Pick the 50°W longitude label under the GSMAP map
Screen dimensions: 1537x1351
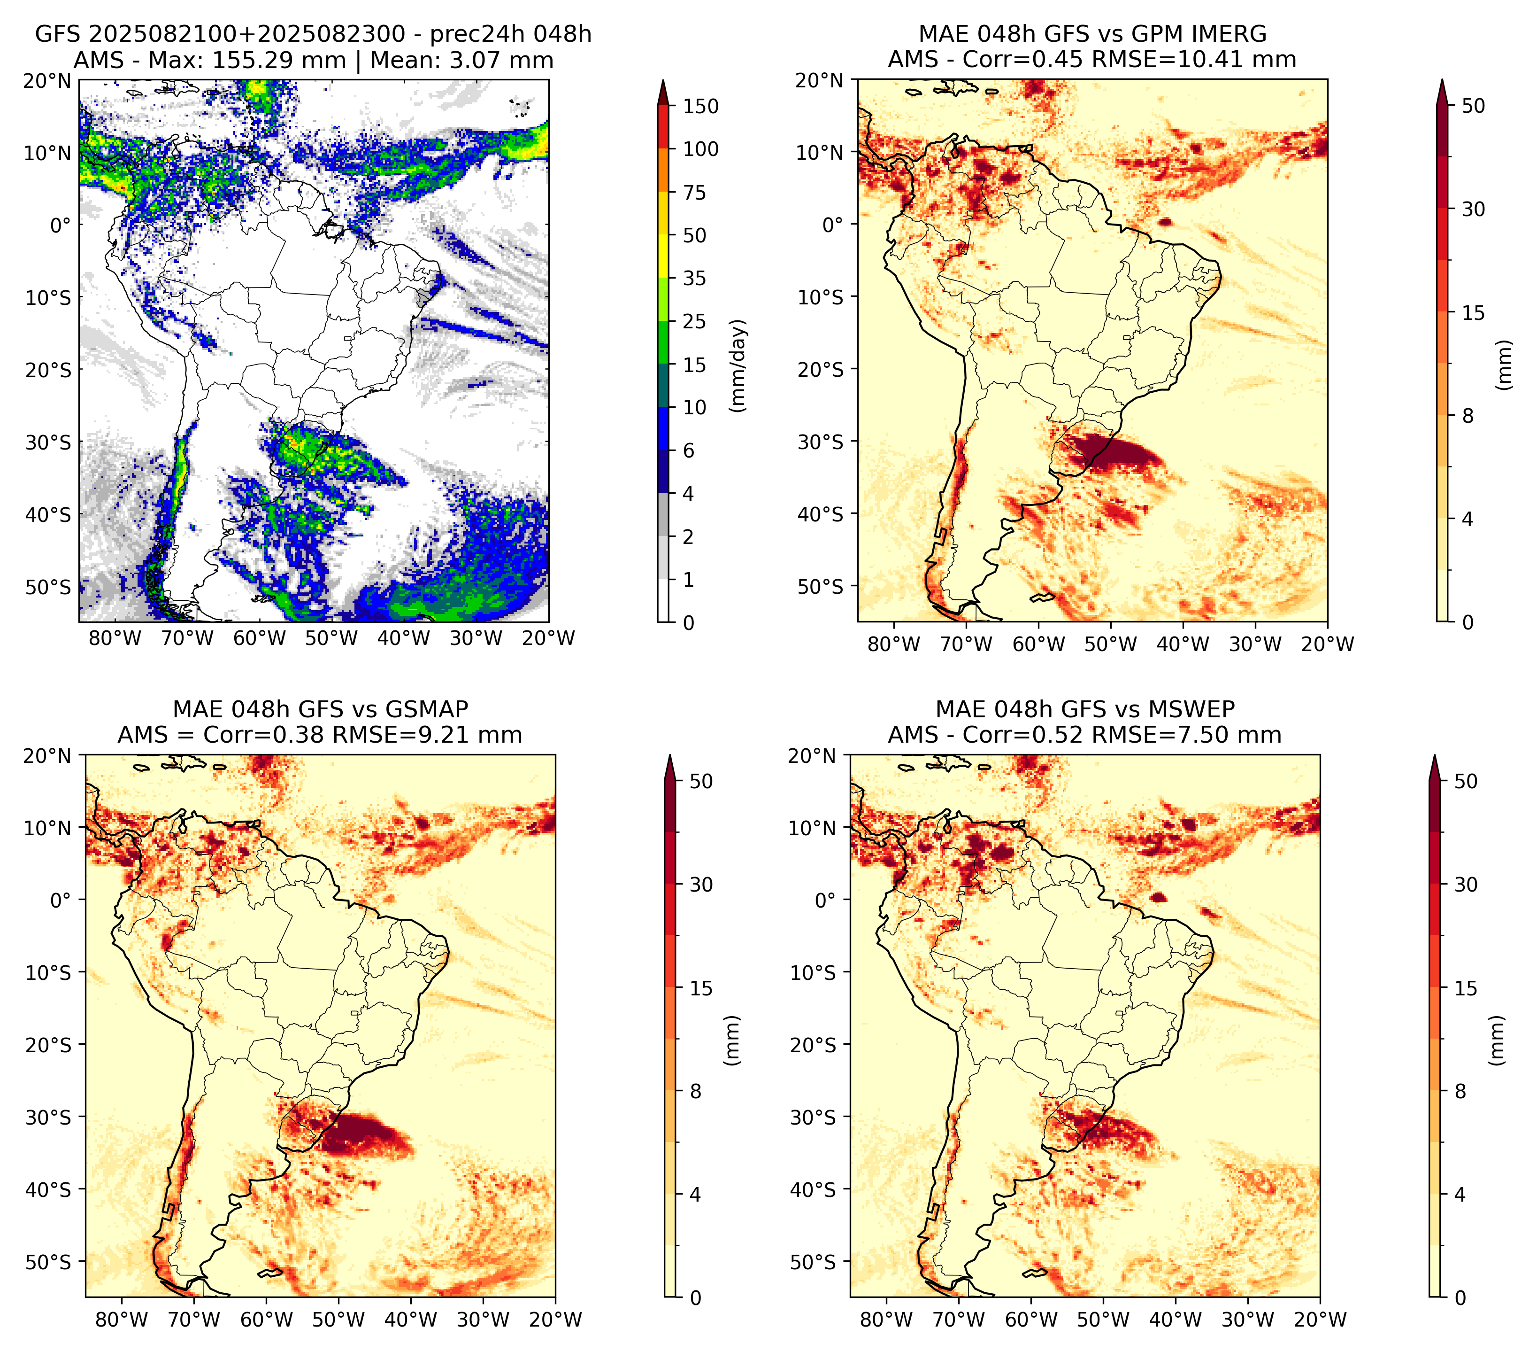click(x=338, y=1320)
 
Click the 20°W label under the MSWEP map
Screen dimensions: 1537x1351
click(x=1320, y=1320)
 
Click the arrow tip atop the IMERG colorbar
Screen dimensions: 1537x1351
click(x=1442, y=80)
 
